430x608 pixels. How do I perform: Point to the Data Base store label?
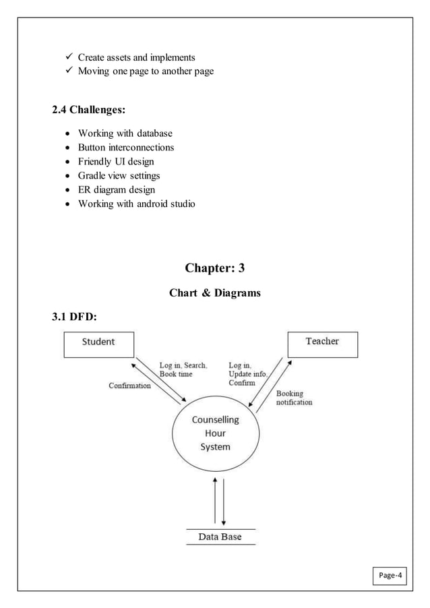click(220, 537)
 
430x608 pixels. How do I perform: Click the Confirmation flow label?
click(129, 386)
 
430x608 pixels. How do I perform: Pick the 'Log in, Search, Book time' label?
click(183, 369)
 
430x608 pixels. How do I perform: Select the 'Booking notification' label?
click(294, 398)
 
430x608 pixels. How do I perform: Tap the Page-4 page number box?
click(391, 576)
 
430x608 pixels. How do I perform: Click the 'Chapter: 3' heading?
click(214, 268)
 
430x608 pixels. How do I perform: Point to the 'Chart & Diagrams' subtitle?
click(214, 293)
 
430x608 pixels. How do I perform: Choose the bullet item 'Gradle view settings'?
click(119, 175)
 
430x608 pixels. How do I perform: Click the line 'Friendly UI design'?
click(115, 161)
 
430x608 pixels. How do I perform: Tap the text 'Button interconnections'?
click(125, 147)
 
